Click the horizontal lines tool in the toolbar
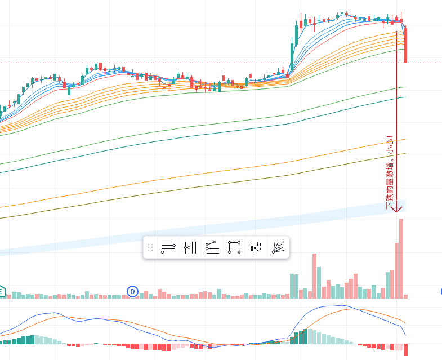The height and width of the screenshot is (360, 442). point(168,247)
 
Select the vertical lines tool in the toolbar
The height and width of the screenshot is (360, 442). point(190,247)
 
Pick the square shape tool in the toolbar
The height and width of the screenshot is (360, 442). point(234,247)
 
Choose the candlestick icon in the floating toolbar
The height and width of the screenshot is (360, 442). point(256,247)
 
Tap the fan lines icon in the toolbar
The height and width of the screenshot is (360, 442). point(278,247)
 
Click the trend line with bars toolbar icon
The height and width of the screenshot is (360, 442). point(212,247)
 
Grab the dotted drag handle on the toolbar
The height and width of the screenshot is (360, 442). point(150,247)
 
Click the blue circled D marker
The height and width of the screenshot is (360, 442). point(132,291)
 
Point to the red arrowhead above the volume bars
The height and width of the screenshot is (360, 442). point(397,209)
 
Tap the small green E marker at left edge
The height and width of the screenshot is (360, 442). point(2,291)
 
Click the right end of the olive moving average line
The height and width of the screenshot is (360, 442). point(404,154)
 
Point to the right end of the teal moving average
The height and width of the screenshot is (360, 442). point(404,97)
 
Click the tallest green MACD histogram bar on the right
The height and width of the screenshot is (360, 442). point(306,336)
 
